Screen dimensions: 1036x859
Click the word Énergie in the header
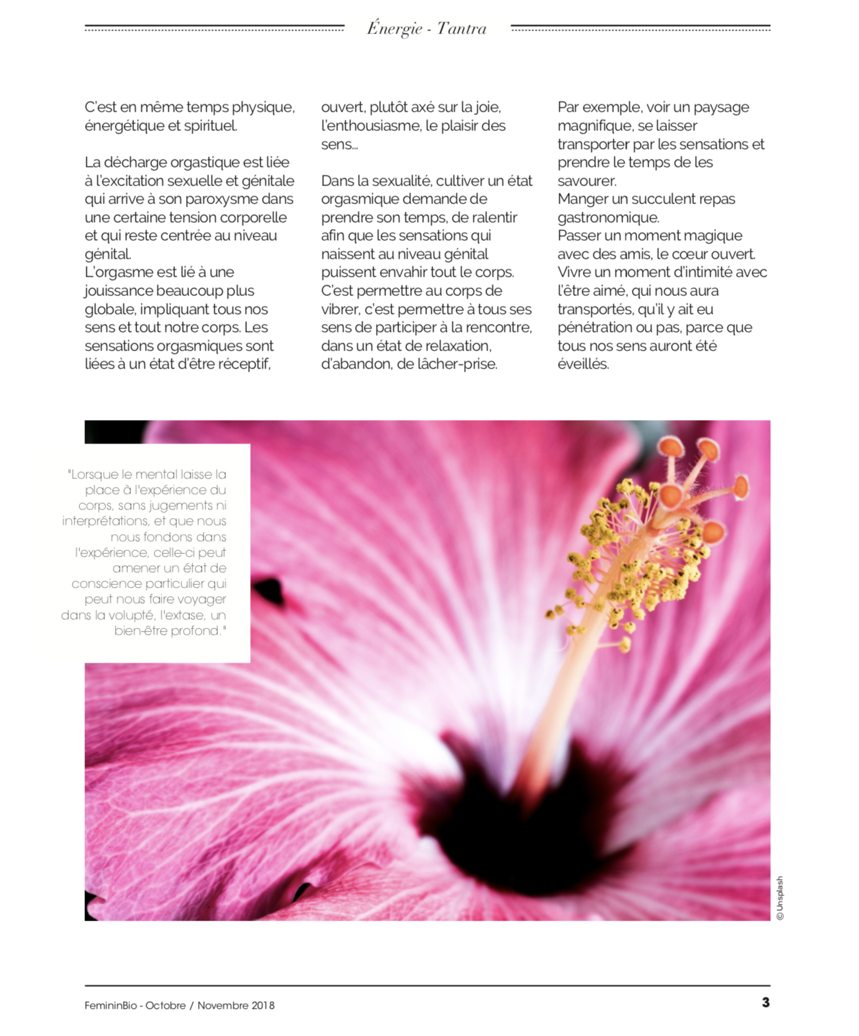pyautogui.click(x=394, y=29)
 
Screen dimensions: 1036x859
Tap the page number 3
pyautogui.click(x=765, y=1003)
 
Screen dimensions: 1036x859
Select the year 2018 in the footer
pyautogui.click(x=263, y=1006)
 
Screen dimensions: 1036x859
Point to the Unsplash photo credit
pyautogui.click(x=780, y=898)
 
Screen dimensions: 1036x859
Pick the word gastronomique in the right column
pyautogui.click(x=608, y=218)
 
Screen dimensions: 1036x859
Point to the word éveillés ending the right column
pyautogui.click(x=583, y=364)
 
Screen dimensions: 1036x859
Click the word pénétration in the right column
pyautogui.click(x=596, y=328)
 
